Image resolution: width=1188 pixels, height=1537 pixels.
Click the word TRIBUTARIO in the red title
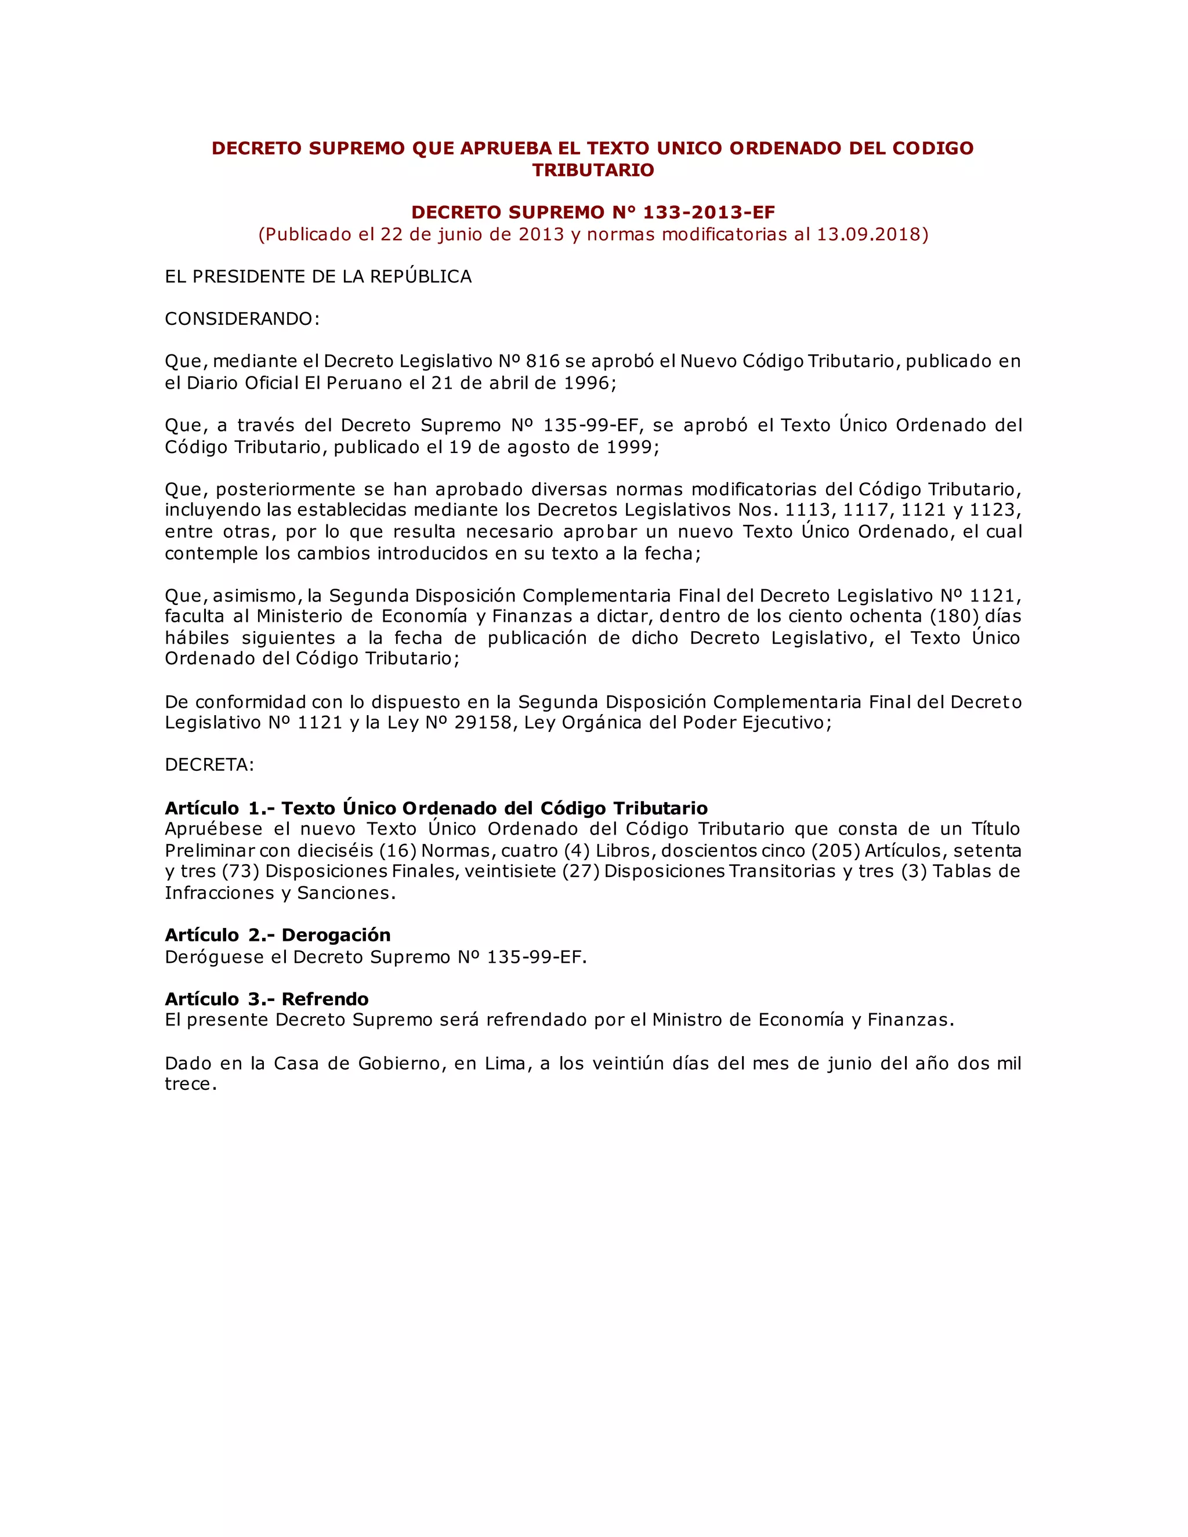[593, 171]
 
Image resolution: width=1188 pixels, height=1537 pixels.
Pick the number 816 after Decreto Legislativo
[542, 362]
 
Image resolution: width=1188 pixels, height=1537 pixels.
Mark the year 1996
[587, 383]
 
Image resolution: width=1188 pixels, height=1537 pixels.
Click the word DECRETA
[208, 765]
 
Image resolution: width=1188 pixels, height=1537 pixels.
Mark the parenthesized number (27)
[581, 871]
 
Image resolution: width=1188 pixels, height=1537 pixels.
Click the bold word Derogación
[336, 936]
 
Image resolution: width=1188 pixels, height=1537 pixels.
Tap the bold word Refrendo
[325, 999]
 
